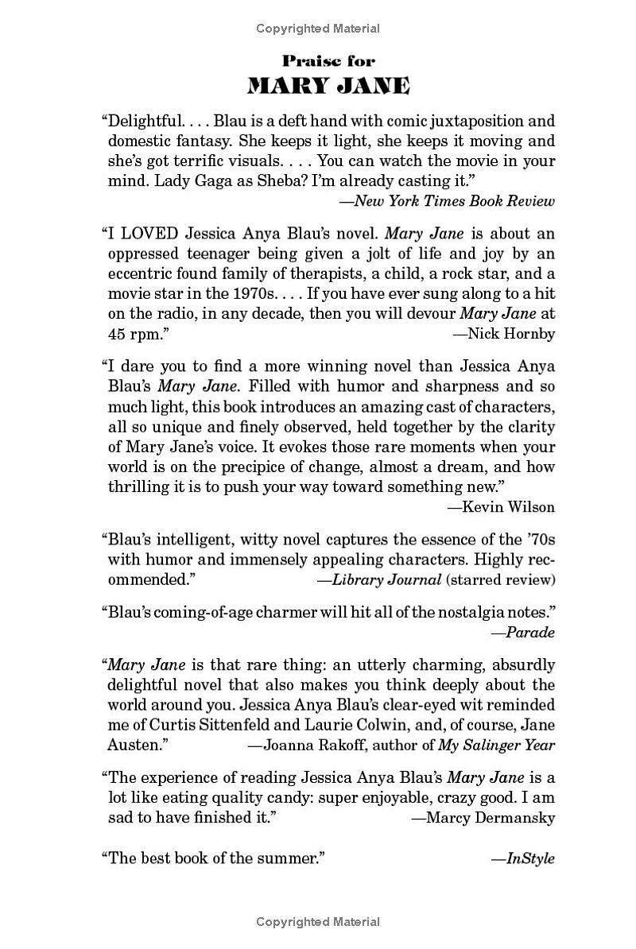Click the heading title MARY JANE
[328, 86]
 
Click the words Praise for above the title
[328, 60]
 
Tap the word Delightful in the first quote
[142, 122]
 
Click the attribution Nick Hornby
[511, 334]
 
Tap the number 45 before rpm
[117, 334]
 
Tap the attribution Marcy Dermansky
[490, 818]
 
